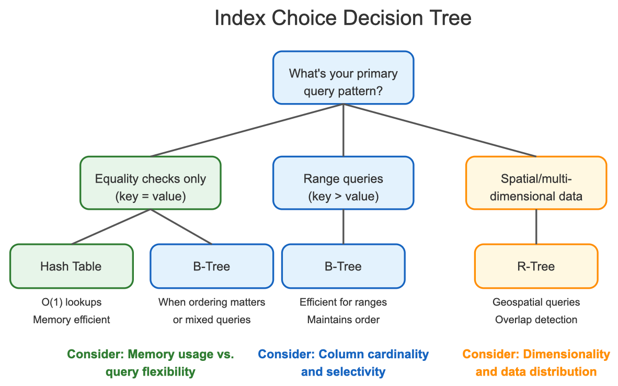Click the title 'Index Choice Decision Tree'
click(343, 18)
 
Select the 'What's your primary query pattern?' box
click(343, 77)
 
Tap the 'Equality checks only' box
click(151, 183)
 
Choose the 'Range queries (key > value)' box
click(343, 183)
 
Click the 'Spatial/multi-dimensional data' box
click(536, 183)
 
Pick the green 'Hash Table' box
click(71, 266)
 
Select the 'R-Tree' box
click(536, 266)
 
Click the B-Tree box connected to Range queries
click(343, 266)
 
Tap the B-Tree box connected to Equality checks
click(212, 266)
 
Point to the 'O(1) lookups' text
click(71, 302)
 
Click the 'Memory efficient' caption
click(71, 320)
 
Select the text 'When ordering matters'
click(212, 302)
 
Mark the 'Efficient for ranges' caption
click(343, 302)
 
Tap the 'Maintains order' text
click(343, 320)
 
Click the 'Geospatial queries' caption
click(536, 302)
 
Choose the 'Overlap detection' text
click(536, 320)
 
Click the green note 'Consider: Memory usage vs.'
click(151, 354)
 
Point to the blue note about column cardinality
click(343, 362)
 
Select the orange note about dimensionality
click(536, 362)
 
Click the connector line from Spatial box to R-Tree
click(536, 227)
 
